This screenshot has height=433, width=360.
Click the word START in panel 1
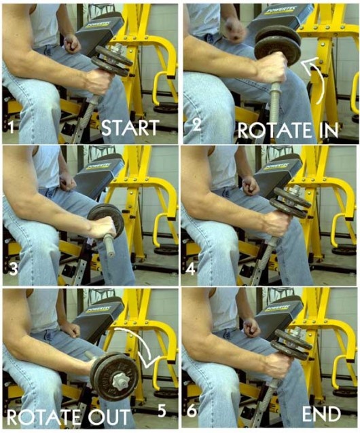(x=130, y=128)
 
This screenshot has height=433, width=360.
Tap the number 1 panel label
(x=11, y=128)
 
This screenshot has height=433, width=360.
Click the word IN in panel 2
(x=329, y=130)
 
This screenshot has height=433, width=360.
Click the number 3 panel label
(x=13, y=268)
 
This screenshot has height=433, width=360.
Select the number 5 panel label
(x=162, y=411)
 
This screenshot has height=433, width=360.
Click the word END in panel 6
(x=321, y=413)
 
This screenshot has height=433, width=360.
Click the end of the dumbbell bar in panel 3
(x=111, y=253)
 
